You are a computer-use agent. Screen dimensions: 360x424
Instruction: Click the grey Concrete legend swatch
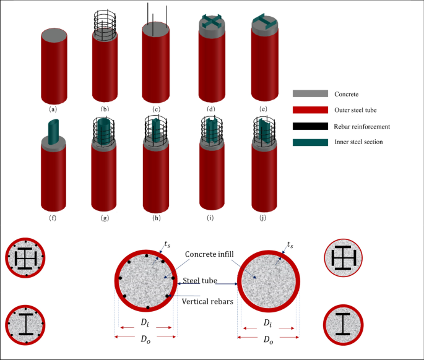[309, 93]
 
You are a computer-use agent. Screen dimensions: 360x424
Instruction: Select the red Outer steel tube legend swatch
[309, 110]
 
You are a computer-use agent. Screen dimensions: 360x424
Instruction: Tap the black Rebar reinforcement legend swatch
[309, 126]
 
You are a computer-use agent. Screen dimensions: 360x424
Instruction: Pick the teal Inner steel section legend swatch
[309, 142]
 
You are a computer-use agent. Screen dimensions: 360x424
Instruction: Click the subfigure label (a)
[53, 109]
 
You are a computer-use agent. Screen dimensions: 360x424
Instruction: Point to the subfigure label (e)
[266, 109]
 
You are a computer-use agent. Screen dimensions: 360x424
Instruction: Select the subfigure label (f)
[53, 217]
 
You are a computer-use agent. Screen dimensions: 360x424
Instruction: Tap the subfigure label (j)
[266, 217]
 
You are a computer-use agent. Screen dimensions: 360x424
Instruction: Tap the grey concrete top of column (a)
[54, 33]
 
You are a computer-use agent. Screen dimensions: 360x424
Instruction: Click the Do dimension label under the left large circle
[145, 340]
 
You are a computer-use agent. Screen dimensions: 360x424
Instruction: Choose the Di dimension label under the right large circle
[267, 323]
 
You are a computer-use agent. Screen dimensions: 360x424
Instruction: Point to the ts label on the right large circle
[290, 244]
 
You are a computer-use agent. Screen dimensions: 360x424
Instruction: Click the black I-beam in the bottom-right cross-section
[342, 324]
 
